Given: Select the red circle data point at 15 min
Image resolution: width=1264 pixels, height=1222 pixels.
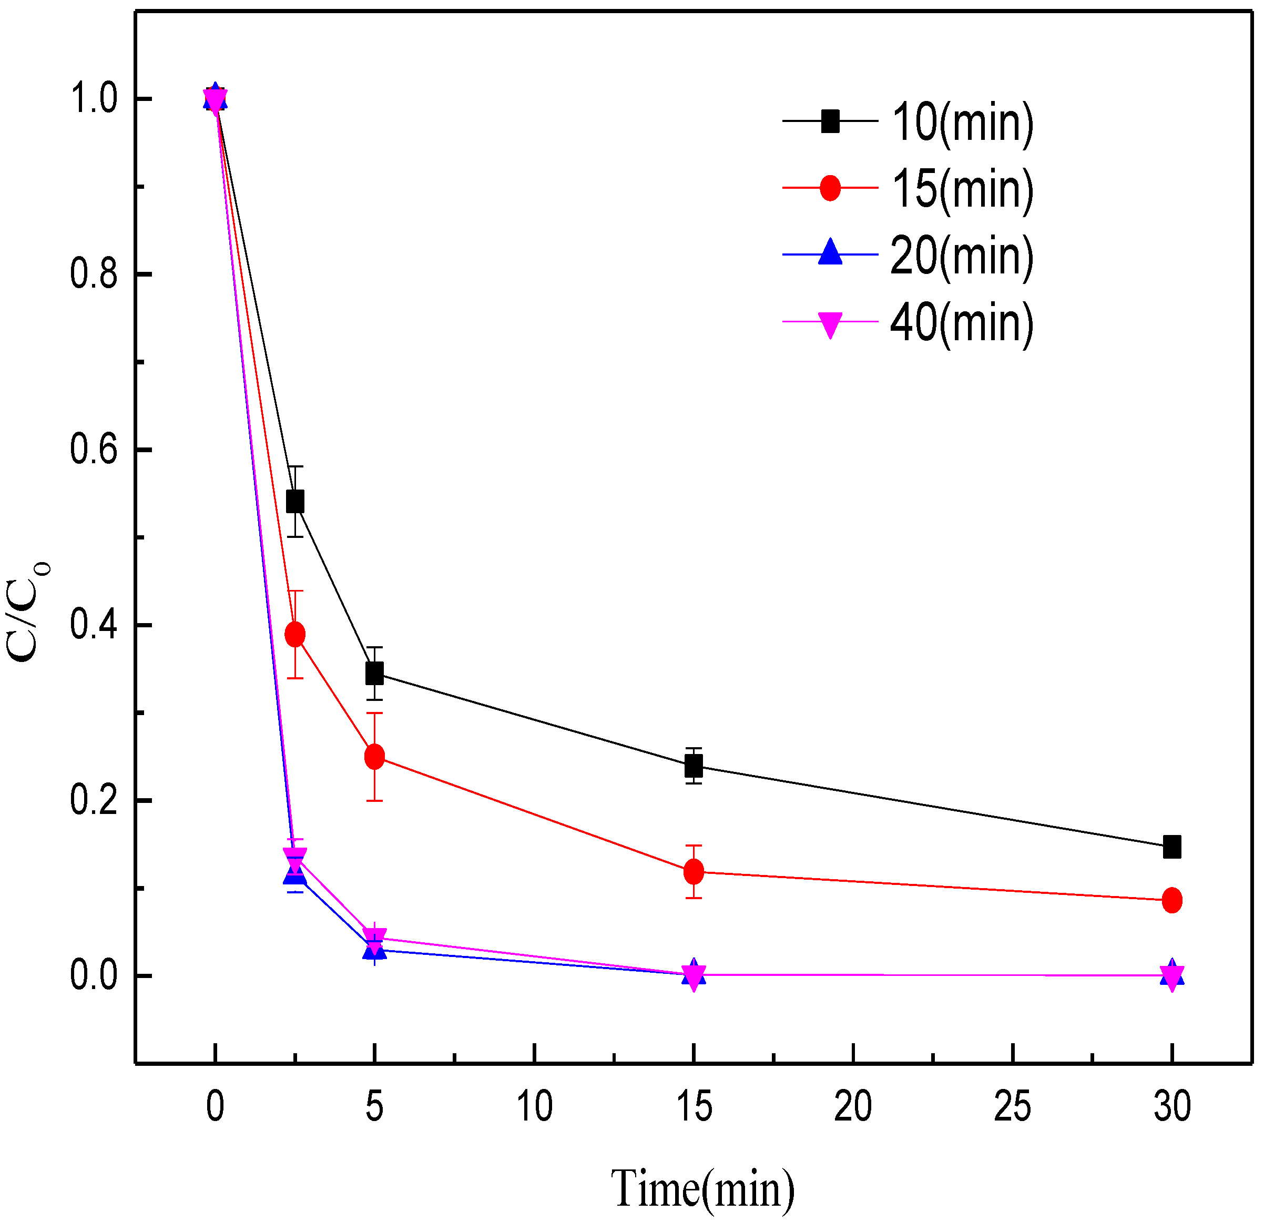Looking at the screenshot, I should pyautogui.click(x=694, y=872).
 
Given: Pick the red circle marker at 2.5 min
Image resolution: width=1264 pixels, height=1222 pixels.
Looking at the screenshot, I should pyautogui.click(x=295, y=635).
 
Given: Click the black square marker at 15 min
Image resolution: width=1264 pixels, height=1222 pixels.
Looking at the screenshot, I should pyautogui.click(x=694, y=767).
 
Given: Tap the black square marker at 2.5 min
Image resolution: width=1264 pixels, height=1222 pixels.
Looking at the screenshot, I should pyautogui.click(x=295, y=501).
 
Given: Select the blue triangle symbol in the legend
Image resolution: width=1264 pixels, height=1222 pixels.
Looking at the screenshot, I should pyautogui.click(x=831, y=253).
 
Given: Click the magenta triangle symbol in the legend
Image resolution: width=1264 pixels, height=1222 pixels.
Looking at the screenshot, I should pyautogui.click(x=831, y=324).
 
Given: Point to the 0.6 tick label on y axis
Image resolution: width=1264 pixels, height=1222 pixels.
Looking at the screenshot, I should pyautogui.click(x=94, y=450).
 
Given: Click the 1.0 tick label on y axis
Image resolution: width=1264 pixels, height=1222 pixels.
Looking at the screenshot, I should pyautogui.click(x=94, y=99).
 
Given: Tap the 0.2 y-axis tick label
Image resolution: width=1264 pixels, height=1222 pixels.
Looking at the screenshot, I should pyautogui.click(x=94, y=800).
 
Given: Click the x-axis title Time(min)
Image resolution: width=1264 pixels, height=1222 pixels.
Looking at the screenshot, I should pyautogui.click(x=702, y=1187).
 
